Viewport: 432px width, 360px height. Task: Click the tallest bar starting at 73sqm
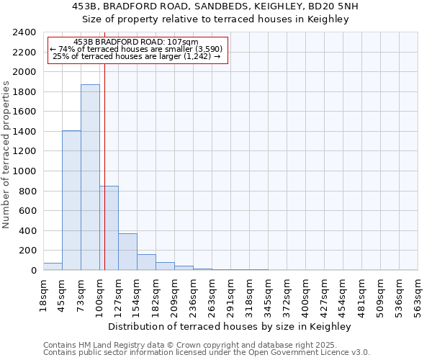click(x=90, y=177)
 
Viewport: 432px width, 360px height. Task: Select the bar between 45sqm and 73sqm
click(x=71, y=200)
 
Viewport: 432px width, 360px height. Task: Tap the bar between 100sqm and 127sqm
click(x=109, y=228)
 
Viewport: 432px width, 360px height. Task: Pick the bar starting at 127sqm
click(x=127, y=251)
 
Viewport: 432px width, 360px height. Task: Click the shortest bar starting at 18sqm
click(x=53, y=266)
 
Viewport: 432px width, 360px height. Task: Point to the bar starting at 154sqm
click(x=146, y=262)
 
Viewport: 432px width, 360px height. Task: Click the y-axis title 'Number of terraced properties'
click(x=6, y=155)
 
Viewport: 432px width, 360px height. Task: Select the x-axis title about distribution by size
click(x=229, y=327)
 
